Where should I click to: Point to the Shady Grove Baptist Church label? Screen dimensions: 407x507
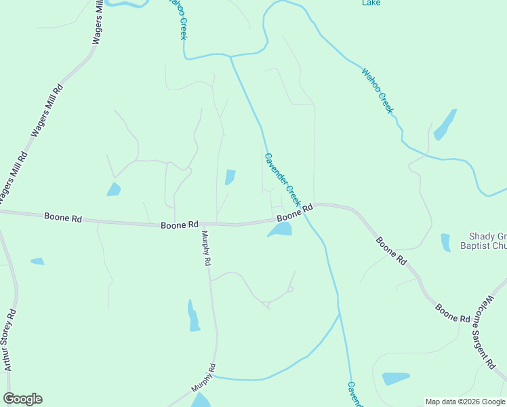point(487,241)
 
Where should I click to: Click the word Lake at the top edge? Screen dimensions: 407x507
point(371,3)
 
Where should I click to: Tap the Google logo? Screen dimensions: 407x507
point(22,399)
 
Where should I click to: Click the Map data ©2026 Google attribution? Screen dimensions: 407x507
point(465,402)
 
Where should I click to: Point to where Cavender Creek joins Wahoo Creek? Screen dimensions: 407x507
point(230,56)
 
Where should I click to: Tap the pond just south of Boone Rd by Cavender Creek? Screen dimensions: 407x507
point(280,230)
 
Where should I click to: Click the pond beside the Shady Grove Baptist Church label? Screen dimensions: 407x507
point(445,242)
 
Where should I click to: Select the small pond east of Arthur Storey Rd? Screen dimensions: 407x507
point(37,261)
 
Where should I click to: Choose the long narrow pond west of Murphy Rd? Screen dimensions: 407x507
point(193,315)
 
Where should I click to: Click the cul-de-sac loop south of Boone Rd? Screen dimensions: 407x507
point(289,290)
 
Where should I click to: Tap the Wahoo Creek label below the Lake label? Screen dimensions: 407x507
point(377,90)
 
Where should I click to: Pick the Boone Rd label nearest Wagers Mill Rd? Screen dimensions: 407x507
point(63,218)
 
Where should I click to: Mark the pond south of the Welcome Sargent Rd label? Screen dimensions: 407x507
point(395,378)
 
